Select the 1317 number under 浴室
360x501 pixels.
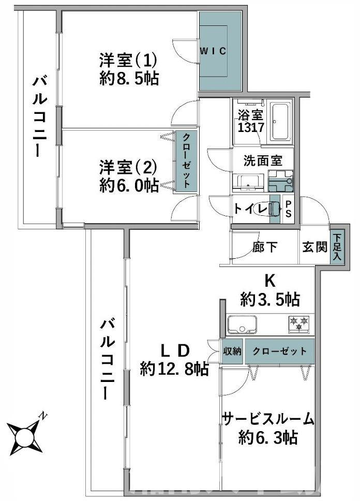(251, 127)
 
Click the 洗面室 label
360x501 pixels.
(263, 160)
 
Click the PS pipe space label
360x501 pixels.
(289, 209)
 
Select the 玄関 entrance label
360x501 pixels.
(314, 247)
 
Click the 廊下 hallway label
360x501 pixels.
(265, 247)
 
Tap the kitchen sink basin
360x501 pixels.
(243, 325)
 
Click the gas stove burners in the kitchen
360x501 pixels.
(299, 323)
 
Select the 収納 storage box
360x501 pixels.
(232, 351)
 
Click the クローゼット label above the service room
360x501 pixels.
(279, 351)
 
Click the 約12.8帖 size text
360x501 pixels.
(174, 369)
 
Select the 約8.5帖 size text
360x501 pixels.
(129, 79)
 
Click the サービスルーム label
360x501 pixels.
(268, 418)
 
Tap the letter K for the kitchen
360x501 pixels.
(269, 281)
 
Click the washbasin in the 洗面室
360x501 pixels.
(250, 181)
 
